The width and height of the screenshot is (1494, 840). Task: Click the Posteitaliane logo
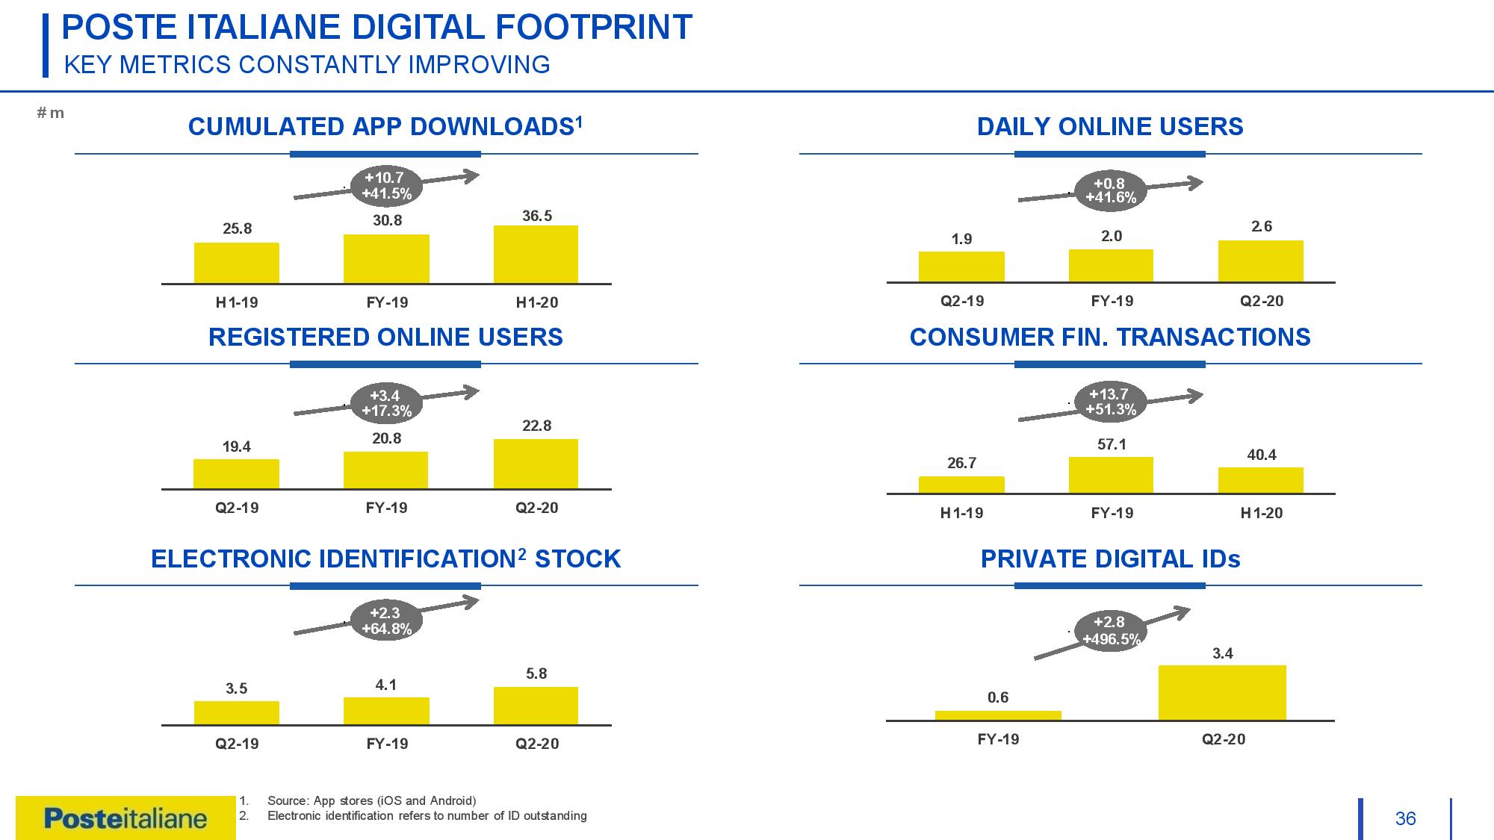tap(125, 818)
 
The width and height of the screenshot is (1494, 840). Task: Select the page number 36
tap(1405, 819)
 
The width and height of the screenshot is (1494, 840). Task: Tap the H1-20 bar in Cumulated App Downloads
tap(536, 255)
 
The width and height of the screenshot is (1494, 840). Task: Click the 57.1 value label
tap(1112, 444)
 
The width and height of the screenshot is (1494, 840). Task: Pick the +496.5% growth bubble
tap(1112, 631)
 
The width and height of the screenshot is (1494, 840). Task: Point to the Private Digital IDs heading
tap(1110, 559)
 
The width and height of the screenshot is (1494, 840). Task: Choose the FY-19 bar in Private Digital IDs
tap(998, 715)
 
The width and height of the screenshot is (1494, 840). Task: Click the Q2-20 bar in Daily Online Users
tap(1261, 261)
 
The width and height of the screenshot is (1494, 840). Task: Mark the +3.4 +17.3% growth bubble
tap(386, 403)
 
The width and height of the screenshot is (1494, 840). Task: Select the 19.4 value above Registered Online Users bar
tap(237, 447)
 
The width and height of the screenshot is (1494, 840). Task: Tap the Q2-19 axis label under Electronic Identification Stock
tap(237, 744)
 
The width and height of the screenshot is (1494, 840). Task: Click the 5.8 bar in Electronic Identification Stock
tap(536, 706)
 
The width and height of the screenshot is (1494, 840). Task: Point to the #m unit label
tap(50, 113)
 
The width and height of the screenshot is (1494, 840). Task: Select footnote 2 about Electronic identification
tap(413, 815)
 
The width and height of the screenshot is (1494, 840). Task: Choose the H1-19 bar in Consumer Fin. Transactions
tap(961, 485)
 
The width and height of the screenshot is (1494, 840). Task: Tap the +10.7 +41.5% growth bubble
tap(386, 185)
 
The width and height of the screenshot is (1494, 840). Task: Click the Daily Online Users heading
tap(1110, 127)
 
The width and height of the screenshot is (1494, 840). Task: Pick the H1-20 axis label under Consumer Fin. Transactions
tap(1262, 513)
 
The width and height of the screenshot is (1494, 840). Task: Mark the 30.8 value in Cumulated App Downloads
tap(388, 220)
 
